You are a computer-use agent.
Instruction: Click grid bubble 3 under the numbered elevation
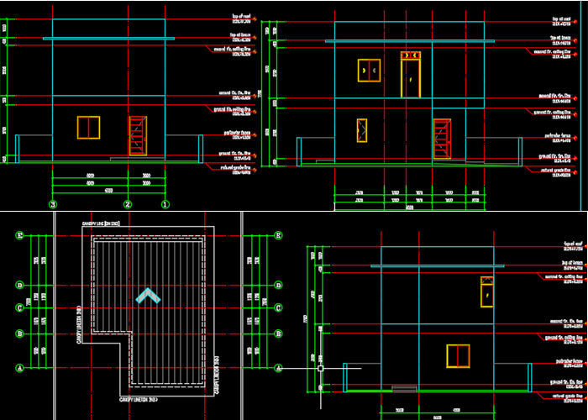tap(52, 204)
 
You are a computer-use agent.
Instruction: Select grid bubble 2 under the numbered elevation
tap(127, 204)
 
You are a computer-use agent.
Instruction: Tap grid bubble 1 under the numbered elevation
tap(165, 204)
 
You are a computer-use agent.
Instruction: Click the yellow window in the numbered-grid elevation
tap(88, 127)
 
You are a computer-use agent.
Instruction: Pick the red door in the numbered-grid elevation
tap(137, 136)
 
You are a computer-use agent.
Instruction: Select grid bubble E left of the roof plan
tap(18, 236)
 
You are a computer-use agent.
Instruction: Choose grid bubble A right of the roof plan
tap(277, 367)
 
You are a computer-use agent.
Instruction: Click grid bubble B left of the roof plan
tap(18, 334)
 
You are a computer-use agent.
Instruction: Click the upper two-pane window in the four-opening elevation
tap(369, 71)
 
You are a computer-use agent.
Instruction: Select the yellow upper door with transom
tap(411, 74)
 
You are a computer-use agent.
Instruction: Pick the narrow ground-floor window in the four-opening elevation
tap(361, 131)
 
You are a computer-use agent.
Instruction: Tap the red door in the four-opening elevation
tap(441, 137)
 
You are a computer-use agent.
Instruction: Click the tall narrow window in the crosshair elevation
tap(486, 291)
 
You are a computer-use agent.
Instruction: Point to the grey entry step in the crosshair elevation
tap(404, 388)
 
